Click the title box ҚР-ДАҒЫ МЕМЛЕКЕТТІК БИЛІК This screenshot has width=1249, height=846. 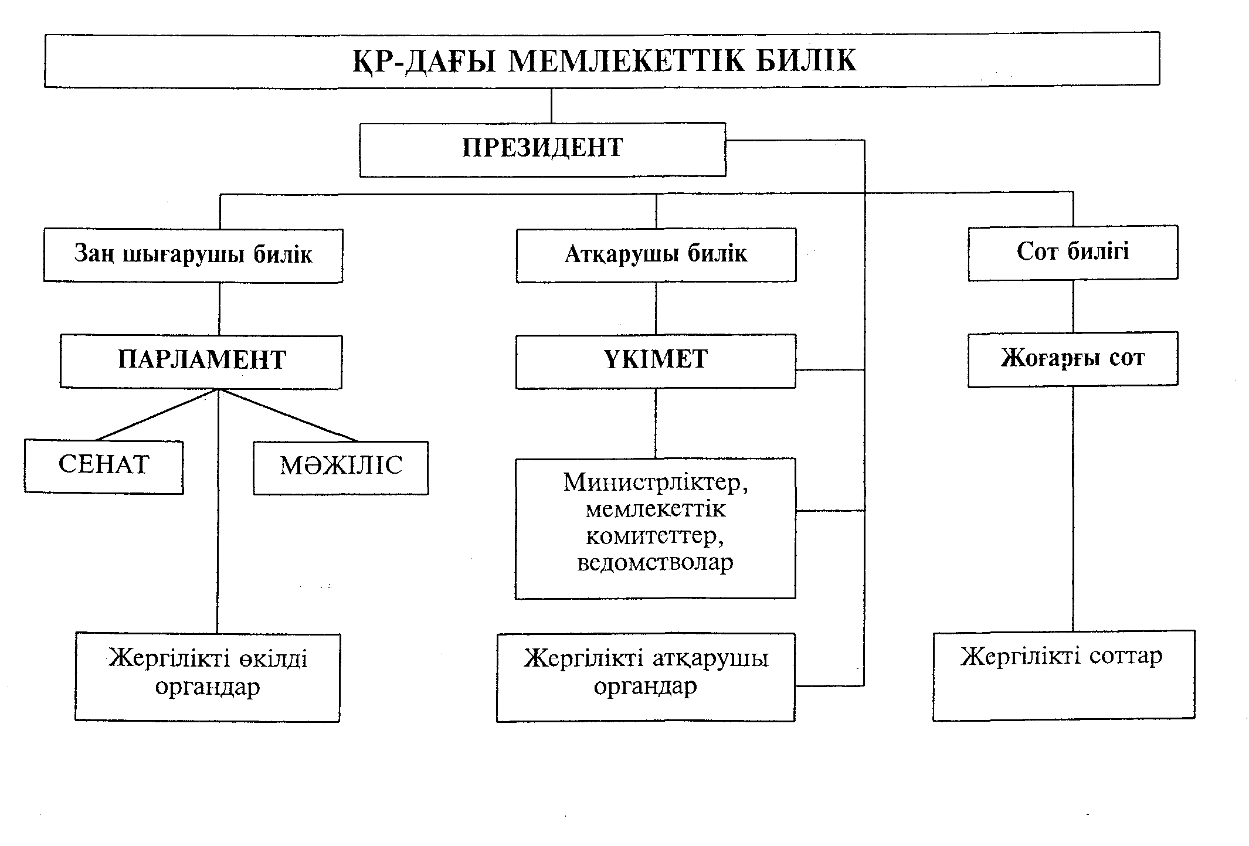(x=602, y=60)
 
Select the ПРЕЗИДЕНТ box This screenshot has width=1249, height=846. (x=542, y=150)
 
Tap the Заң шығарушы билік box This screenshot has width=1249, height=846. (x=193, y=256)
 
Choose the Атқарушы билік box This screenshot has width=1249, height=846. (x=656, y=255)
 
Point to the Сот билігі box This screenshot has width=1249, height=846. (x=1072, y=252)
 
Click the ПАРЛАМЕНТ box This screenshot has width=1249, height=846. (x=201, y=361)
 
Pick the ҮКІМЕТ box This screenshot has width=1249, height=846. (x=656, y=361)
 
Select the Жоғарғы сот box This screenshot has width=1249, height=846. (x=1072, y=359)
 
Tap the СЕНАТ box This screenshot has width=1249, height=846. (x=104, y=467)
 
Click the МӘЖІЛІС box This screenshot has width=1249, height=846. (x=341, y=467)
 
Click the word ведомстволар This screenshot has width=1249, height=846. (x=655, y=563)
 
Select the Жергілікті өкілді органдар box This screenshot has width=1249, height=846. (x=208, y=677)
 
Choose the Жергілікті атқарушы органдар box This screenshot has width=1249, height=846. (x=646, y=677)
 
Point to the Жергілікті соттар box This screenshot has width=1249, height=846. (x=1064, y=674)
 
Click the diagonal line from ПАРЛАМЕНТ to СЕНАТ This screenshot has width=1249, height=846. (x=157, y=414)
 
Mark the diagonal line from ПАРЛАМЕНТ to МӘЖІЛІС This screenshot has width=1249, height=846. (x=287, y=415)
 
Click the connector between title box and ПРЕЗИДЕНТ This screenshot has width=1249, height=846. (x=551, y=106)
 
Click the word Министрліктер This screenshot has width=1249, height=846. (x=655, y=483)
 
